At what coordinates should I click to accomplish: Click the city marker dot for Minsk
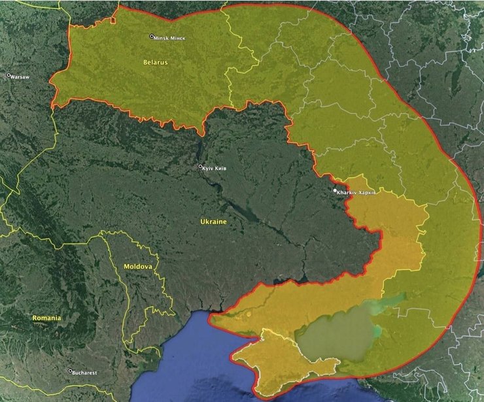tap(152, 37)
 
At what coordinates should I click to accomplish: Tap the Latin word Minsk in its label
tap(161, 38)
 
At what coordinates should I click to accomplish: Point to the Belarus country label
tap(155, 62)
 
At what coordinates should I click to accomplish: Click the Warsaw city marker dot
tap(9, 75)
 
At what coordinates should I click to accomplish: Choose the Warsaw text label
tap(21, 76)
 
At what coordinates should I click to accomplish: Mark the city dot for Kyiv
tap(201, 167)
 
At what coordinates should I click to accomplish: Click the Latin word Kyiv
tap(209, 168)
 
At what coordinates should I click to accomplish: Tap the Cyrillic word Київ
tap(222, 168)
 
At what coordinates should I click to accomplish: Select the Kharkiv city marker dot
tap(335, 191)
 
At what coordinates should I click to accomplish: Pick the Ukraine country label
tap(213, 222)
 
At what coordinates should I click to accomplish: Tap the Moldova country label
tap(138, 267)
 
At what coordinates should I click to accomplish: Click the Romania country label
tap(46, 318)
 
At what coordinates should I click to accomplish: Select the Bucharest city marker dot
tap(70, 371)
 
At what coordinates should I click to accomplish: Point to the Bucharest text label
tap(85, 373)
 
